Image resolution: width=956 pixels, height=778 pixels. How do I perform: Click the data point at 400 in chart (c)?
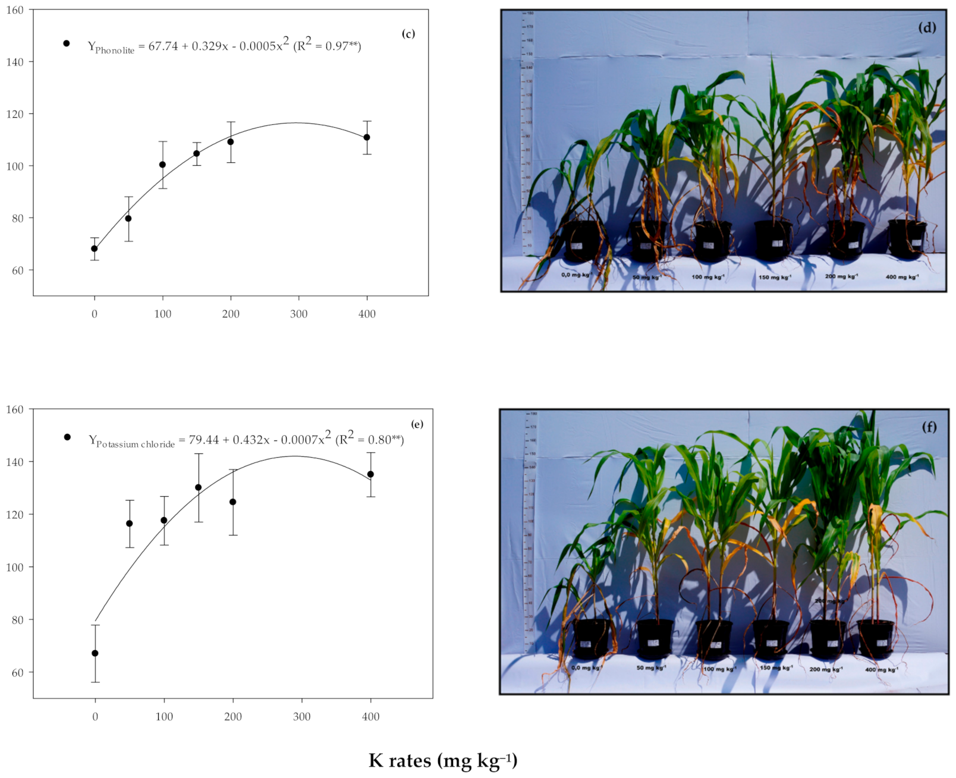(367, 137)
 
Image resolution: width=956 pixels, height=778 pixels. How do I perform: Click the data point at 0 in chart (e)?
(95, 653)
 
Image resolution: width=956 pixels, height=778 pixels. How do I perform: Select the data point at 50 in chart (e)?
(130, 524)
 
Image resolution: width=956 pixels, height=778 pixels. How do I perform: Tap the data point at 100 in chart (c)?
(162, 165)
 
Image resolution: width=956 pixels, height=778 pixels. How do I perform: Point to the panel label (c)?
(408, 34)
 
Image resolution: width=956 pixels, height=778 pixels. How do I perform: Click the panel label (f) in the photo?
(929, 427)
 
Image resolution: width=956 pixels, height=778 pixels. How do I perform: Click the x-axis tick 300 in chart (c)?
(298, 314)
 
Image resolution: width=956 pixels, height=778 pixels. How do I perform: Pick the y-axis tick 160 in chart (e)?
(15, 410)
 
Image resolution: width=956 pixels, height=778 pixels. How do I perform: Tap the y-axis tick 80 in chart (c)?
(18, 218)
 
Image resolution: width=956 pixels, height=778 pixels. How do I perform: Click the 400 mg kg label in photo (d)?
(902, 277)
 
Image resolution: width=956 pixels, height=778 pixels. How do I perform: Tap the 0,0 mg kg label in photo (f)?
(586, 667)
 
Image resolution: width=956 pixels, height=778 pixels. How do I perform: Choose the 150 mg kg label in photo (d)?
(775, 278)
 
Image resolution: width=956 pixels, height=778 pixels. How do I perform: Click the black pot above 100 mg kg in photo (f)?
(714, 640)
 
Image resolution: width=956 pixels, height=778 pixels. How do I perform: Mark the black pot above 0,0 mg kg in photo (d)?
(581, 241)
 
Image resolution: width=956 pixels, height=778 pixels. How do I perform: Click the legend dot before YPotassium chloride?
(67, 437)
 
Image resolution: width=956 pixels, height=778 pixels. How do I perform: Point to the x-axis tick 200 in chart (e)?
(233, 717)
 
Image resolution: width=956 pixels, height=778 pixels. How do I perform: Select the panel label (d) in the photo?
(927, 27)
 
